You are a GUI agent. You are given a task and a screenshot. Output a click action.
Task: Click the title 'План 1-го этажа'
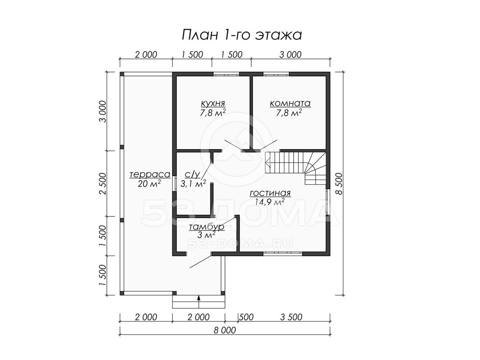(242, 35)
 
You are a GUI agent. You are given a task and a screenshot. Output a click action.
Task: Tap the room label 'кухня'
(213, 103)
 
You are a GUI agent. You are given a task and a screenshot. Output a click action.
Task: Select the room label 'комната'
(290, 103)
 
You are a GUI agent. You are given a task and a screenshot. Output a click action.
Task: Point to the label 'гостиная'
(270, 193)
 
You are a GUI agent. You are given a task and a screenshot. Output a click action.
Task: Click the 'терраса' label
(150, 175)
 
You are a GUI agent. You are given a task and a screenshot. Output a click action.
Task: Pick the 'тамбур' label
(206, 227)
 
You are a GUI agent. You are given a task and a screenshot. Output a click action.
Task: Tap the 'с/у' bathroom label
(192, 174)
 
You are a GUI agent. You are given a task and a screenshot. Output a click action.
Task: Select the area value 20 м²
(149, 184)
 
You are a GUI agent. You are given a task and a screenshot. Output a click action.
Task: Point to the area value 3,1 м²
(193, 184)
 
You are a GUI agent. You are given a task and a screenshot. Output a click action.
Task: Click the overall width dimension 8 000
(224, 330)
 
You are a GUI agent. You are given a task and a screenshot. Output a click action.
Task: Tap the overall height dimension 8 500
(339, 184)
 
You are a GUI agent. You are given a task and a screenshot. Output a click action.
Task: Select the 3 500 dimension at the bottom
(291, 317)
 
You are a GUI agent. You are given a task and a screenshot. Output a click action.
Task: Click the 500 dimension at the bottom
(247, 317)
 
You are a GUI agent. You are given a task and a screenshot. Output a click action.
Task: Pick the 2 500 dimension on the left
(102, 184)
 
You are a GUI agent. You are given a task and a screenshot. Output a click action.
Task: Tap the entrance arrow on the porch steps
(199, 302)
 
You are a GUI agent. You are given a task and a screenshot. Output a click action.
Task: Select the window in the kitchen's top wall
(226, 74)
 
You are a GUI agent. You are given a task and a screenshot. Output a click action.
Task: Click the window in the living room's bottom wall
(282, 254)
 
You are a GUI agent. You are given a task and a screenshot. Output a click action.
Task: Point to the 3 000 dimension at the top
(290, 54)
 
